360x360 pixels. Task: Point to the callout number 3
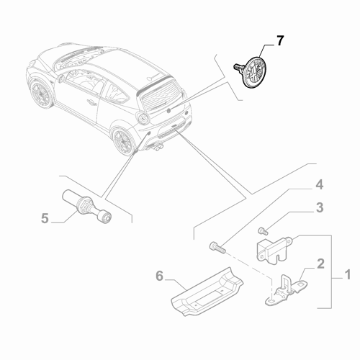[x=320, y=210]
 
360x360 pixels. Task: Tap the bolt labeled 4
[x=217, y=249]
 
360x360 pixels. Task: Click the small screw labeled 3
[x=262, y=230]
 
